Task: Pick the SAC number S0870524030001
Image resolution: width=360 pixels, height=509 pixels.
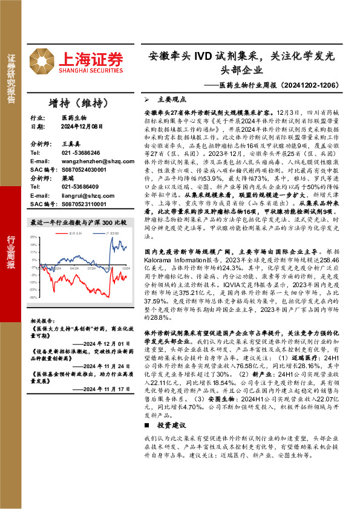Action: click(83, 171)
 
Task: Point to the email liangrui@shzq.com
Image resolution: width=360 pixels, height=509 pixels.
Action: click(84, 196)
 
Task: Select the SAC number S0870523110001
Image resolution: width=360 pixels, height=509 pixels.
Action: click(83, 204)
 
